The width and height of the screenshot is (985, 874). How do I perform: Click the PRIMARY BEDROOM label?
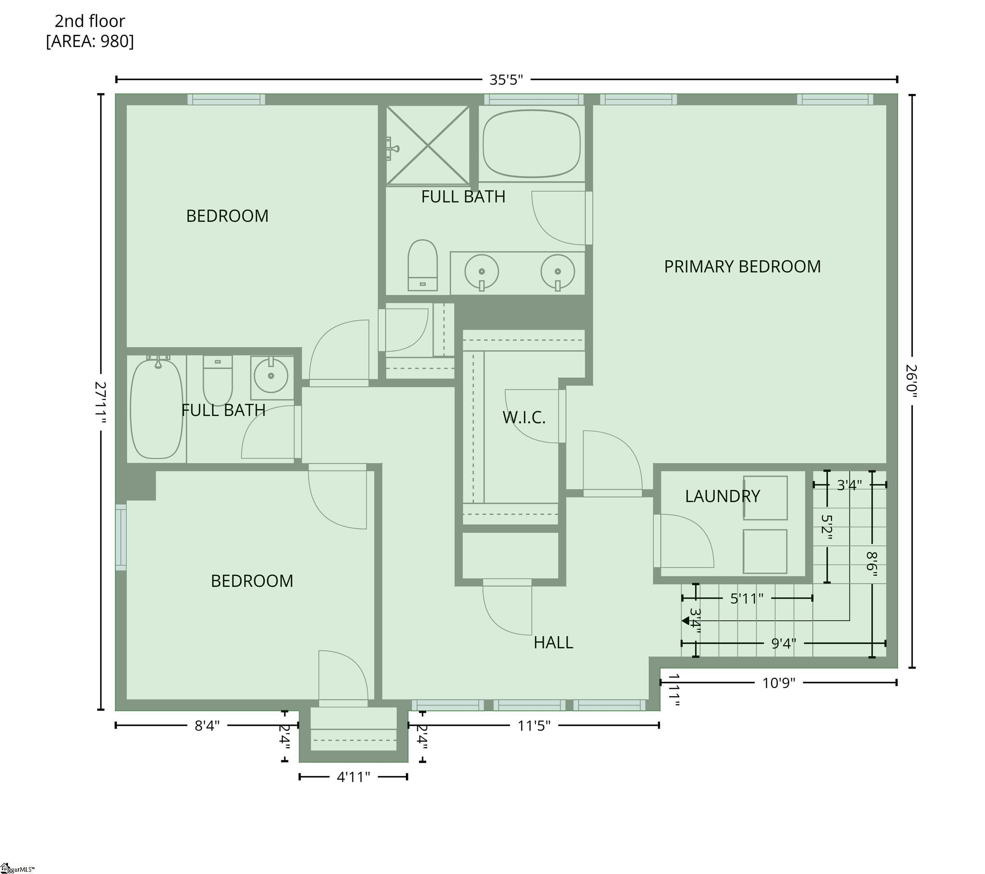[x=742, y=267]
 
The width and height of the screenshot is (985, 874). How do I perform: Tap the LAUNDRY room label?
[x=722, y=496]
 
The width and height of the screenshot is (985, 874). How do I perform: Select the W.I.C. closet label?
[x=524, y=418]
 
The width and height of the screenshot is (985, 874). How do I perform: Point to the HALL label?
[x=553, y=643]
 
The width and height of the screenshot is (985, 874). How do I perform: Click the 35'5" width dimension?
[x=506, y=80]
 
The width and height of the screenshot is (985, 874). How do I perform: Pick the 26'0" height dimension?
[x=911, y=381]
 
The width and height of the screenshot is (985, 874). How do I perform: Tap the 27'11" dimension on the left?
[x=100, y=402]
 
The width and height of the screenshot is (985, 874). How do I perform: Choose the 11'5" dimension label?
[x=534, y=726]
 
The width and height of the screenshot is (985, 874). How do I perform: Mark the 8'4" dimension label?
[x=207, y=726]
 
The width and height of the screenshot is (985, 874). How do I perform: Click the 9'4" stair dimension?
[x=784, y=644]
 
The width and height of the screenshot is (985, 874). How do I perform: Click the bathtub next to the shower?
[x=532, y=144]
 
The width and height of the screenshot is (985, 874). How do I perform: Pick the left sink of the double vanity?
[x=482, y=271]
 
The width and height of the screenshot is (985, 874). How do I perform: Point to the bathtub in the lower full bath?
[x=157, y=409]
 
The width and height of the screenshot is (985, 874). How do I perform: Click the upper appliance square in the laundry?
[x=765, y=498]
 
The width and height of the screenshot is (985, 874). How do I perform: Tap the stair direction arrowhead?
[x=685, y=621]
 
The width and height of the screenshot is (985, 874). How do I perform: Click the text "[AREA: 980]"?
[x=90, y=41]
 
